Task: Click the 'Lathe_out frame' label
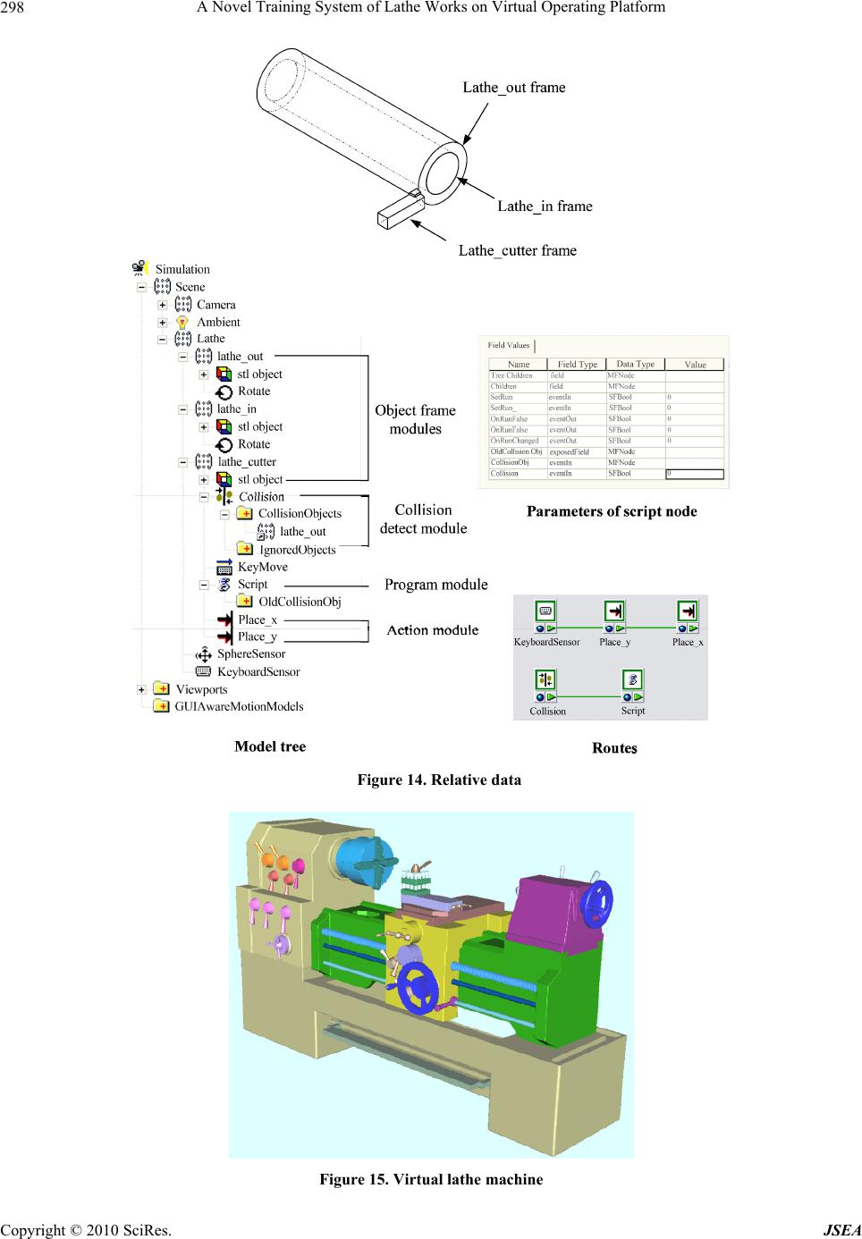pyautogui.click(x=513, y=88)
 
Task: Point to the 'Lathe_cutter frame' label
pyautogui.click(x=517, y=250)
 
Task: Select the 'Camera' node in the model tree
pyautogui.click(x=215, y=305)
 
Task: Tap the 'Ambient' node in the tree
pyautogui.click(x=218, y=322)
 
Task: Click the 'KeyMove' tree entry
pyautogui.click(x=262, y=567)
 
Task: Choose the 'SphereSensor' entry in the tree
pyautogui.click(x=251, y=654)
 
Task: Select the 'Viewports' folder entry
pyautogui.click(x=201, y=689)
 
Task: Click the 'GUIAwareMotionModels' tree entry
pyautogui.click(x=239, y=706)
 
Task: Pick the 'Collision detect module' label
pyautogui.click(x=423, y=518)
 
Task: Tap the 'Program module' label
pyautogui.click(x=435, y=585)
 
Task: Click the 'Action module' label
pyautogui.click(x=432, y=630)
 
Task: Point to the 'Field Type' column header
pyautogui.click(x=577, y=365)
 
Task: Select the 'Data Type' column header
pyautogui.click(x=636, y=364)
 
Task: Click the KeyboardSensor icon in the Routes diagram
pyautogui.click(x=545, y=612)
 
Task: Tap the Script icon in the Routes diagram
pyautogui.click(x=632, y=681)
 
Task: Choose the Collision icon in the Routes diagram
pyautogui.click(x=545, y=681)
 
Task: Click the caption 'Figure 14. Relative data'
pyautogui.click(x=438, y=780)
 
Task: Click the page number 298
pyautogui.click(x=13, y=8)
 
